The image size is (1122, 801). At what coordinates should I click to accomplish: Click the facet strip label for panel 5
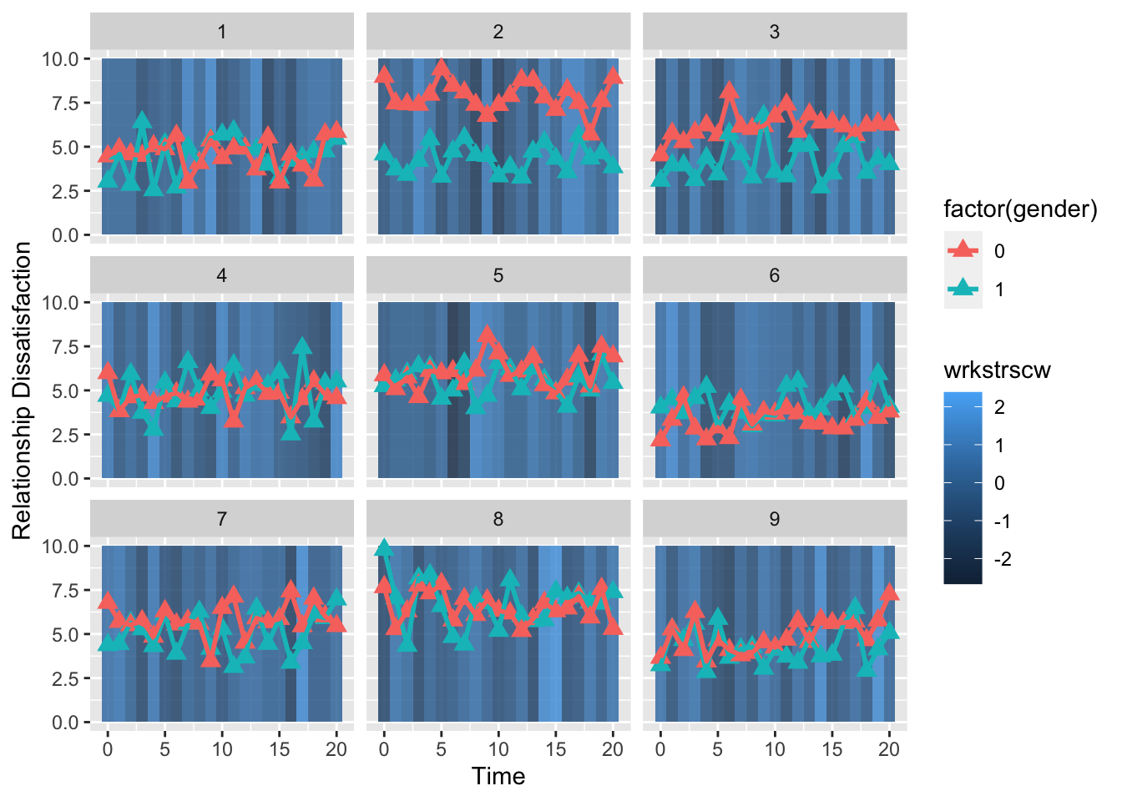click(x=498, y=275)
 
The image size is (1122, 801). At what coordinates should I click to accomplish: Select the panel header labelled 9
click(x=774, y=519)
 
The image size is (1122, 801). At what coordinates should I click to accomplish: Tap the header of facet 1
click(x=221, y=32)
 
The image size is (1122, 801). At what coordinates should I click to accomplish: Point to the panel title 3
click(x=774, y=32)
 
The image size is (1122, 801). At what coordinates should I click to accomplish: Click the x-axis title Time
click(x=498, y=776)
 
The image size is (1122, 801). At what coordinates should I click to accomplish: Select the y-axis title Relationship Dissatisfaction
click(x=23, y=390)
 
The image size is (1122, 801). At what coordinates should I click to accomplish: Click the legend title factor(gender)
click(x=1020, y=209)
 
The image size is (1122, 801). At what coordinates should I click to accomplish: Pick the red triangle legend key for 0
click(x=963, y=250)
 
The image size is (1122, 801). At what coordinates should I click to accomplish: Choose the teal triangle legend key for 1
click(x=963, y=289)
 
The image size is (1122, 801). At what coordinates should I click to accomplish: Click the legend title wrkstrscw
click(x=997, y=370)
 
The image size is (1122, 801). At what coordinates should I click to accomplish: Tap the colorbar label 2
click(x=999, y=407)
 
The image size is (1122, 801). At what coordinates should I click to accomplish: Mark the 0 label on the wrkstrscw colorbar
click(x=999, y=483)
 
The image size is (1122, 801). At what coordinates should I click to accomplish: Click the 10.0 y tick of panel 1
click(x=60, y=58)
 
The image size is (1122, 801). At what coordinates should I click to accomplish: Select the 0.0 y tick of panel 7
click(x=65, y=723)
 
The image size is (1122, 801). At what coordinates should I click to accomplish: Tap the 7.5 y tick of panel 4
click(x=65, y=346)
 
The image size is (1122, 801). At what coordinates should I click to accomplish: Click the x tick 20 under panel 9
click(x=889, y=748)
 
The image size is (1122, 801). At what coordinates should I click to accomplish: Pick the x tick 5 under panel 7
click(x=164, y=748)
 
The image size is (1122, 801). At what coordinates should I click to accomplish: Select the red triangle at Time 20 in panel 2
click(x=613, y=76)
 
